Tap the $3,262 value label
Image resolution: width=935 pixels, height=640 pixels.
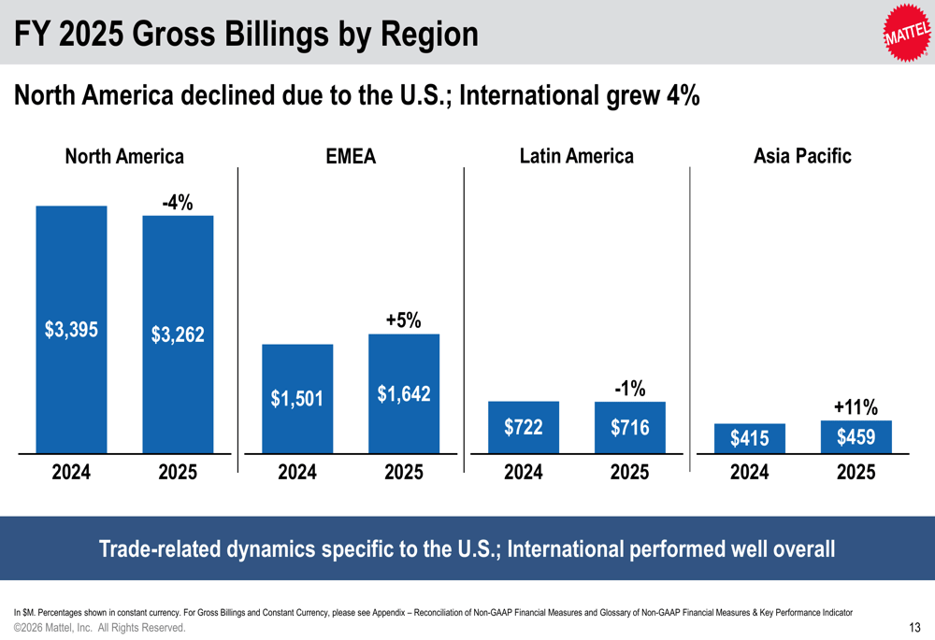(x=178, y=334)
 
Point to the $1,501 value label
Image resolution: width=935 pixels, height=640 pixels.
(x=297, y=399)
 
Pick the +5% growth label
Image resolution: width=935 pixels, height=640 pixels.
(x=404, y=320)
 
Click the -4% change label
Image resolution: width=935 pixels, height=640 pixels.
(x=178, y=202)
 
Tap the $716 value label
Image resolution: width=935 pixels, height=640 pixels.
(x=630, y=428)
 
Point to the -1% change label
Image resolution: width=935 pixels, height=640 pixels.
(x=630, y=388)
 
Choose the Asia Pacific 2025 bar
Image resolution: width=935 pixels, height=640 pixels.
(x=856, y=436)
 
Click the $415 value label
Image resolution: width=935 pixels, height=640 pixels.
(x=750, y=438)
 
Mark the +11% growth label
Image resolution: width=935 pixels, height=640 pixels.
(x=856, y=407)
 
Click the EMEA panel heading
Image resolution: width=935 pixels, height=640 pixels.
(x=351, y=157)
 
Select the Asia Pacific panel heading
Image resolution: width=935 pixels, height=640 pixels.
(x=802, y=156)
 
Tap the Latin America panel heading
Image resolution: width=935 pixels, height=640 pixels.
(x=576, y=156)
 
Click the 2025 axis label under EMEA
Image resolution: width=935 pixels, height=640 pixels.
(x=404, y=473)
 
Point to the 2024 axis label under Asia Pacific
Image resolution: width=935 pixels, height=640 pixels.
(x=750, y=473)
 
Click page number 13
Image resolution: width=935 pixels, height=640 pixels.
(x=915, y=628)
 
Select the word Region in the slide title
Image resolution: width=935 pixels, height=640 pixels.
(x=428, y=36)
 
